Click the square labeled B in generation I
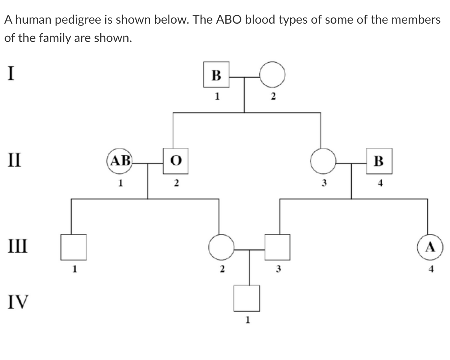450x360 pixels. (x=216, y=75)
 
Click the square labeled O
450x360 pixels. (x=174, y=161)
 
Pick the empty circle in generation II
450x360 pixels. (x=323, y=161)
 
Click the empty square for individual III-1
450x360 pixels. (x=74, y=247)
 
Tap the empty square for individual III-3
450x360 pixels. (x=277, y=247)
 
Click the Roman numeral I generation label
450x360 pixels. (x=11, y=73)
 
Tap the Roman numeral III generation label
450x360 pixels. (x=16, y=244)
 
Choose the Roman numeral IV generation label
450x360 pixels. (x=17, y=302)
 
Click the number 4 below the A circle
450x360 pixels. (x=431, y=269)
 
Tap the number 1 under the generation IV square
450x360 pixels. (x=247, y=321)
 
